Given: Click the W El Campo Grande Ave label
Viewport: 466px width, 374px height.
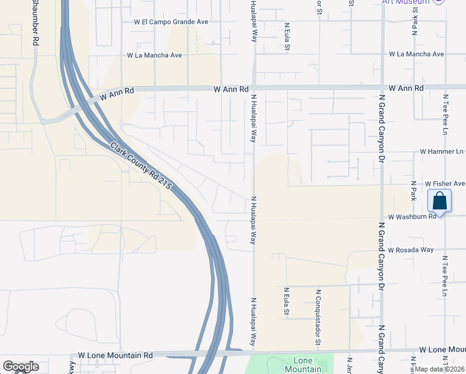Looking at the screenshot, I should (x=171, y=22).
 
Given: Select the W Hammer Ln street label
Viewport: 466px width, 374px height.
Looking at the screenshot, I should (x=442, y=151).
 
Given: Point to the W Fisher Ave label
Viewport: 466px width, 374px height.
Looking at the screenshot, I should (x=445, y=184).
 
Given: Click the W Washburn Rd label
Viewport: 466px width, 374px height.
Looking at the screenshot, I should (x=412, y=217).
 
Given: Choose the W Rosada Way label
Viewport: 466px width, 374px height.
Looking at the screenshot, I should (x=410, y=250).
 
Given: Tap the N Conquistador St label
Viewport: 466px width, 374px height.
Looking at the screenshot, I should (x=318, y=317).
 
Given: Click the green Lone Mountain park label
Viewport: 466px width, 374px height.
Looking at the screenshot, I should (x=303, y=365).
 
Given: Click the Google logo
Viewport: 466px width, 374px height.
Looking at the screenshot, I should (x=21, y=367).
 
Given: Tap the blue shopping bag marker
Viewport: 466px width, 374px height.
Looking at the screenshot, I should (x=440, y=201).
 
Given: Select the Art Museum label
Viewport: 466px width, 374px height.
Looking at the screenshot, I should (x=406, y=2).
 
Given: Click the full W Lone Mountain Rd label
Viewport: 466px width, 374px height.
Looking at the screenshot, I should (x=112, y=355).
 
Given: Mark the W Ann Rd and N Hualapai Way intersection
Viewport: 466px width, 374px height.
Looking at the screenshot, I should (x=254, y=89).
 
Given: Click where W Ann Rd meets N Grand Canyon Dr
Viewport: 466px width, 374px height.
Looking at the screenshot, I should (x=381, y=89).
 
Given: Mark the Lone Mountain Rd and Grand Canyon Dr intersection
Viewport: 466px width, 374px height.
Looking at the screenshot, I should (x=382, y=351).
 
